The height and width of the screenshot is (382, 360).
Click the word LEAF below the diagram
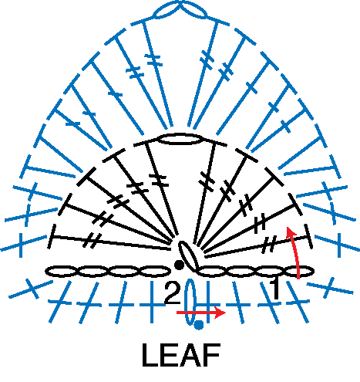pyautogui.click(x=181, y=355)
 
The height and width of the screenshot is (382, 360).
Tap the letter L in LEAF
pyautogui.click(x=150, y=355)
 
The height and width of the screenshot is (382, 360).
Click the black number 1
pyautogui.click(x=275, y=289)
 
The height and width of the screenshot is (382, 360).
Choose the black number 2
pyautogui.click(x=172, y=292)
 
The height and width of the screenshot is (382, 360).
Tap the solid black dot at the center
pyautogui.click(x=179, y=265)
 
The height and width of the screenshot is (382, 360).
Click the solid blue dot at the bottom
pyautogui.click(x=199, y=325)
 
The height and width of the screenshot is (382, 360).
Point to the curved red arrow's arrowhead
pyautogui.click(x=291, y=232)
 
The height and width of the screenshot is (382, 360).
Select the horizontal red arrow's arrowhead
pyautogui.click(x=220, y=313)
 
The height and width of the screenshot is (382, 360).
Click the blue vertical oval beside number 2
pyautogui.click(x=190, y=303)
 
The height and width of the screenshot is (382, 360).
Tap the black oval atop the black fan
pyautogui.click(x=180, y=139)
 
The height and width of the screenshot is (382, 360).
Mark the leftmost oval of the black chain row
pyautogui.click(x=61, y=272)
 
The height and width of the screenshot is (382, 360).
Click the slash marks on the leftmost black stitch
pyautogui.click(x=92, y=240)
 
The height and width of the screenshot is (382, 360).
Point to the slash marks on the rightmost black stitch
pyautogui.click(x=269, y=245)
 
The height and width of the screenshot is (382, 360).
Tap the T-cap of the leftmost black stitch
pyautogui.click(x=52, y=236)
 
